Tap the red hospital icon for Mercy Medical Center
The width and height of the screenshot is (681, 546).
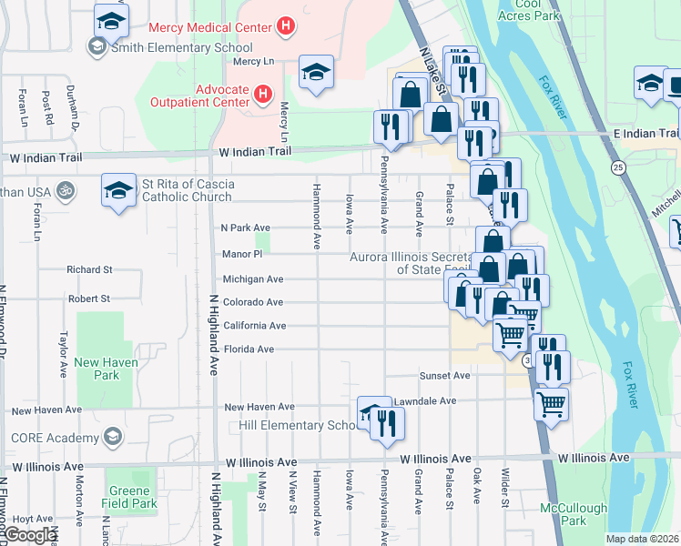pyautogui.click(x=286, y=27)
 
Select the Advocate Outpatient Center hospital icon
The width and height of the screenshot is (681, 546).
pyautogui.click(x=262, y=94)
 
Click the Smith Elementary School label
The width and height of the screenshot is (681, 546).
pyautogui.click(x=181, y=46)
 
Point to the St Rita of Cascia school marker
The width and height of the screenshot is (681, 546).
pyautogui.click(x=117, y=190)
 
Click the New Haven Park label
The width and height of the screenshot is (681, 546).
pyautogui.click(x=97, y=369)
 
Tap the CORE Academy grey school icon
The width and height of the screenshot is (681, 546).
pyautogui.click(x=113, y=437)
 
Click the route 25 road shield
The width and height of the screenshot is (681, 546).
pyautogui.click(x=618, y=167)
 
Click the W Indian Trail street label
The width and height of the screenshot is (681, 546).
pyautogui.click(x=252, y=152)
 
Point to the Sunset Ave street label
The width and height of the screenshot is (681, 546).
pyautogui.click(x=444, y=375)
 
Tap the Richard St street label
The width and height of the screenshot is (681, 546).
pyautogui.click(x=89, y=270)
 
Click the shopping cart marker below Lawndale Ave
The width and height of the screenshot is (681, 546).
pyautogui.click(x=551, y=403)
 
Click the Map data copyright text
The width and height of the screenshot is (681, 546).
pyautogui.click(x=643, y=539)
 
